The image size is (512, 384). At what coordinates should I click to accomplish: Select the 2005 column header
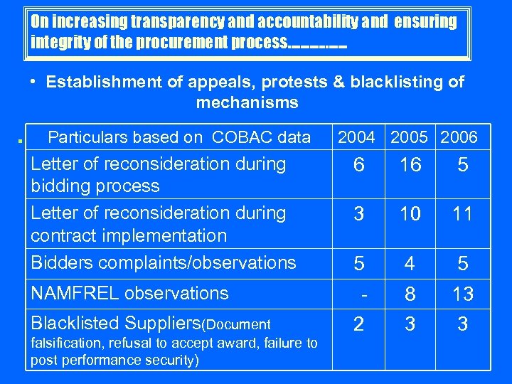[x=410, y=137]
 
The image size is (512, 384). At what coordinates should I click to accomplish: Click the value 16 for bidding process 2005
[x=410, y=165]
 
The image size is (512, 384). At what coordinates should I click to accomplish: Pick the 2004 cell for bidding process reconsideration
[x=359, y=165]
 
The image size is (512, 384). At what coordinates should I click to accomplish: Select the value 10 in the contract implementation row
[x=410, y=214]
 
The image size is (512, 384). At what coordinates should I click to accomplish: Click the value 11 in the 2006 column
[x=462, y=214]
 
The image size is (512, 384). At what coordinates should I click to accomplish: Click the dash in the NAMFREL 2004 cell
[x=363, y=293]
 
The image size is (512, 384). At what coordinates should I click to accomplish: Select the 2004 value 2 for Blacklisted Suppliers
[x=359, y=324]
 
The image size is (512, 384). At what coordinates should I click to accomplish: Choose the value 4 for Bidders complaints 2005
[x=410, y=264]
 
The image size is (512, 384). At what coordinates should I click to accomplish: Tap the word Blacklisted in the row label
[x=79, y=323]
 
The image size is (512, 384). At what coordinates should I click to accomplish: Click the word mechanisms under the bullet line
[x=247, y=102]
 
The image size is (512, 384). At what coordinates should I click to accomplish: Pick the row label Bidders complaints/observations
[x=163, y=262]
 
